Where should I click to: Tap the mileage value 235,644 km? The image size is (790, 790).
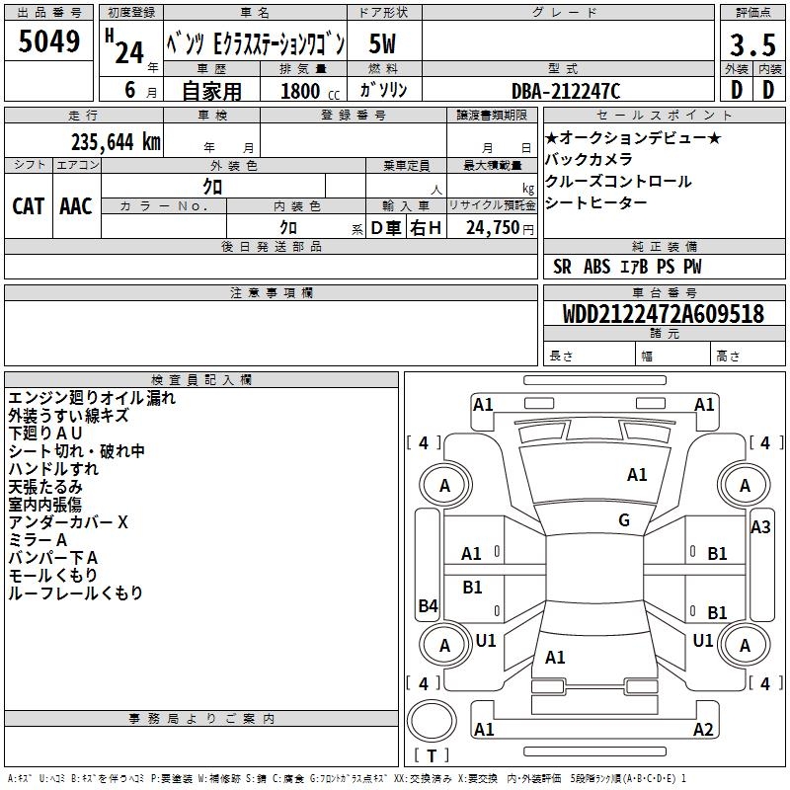(x=116, y=141)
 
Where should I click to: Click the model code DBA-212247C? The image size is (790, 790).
(x=566, y=90)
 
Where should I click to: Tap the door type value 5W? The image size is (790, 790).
(x=382, y=44)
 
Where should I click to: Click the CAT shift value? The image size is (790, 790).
(x=28, y=206)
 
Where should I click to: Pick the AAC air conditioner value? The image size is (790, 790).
(x=75, y=206)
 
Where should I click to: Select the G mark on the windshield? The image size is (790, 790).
(x=624, y=520)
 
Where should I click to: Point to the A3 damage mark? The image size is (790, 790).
(x=760, y=527)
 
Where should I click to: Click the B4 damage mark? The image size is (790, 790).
(x=428, y=606)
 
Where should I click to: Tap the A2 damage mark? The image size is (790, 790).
(x=703, y=730)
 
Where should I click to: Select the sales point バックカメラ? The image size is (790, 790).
(x=589, y=160)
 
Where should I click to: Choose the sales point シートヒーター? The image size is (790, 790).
(x=596, y=203)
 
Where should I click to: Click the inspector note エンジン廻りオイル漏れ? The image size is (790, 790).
(x=92, y=399)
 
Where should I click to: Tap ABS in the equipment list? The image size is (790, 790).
(x=596, y=267)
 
